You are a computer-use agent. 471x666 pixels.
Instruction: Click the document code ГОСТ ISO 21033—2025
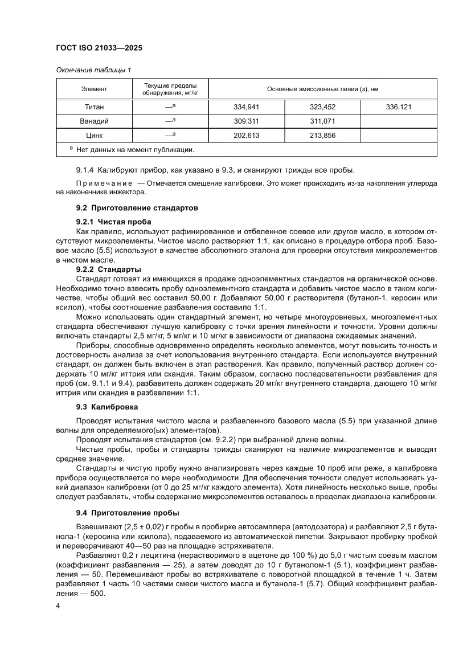pos(99,48)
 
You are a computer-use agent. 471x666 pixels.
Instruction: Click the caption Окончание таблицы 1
pos(93,70)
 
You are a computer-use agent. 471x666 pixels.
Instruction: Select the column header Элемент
pos(94,89)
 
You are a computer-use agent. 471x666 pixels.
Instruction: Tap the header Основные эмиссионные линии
pos(323,89)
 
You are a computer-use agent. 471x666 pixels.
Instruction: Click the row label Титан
pos(94,107)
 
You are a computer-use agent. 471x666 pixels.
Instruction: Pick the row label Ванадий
pos(94,121)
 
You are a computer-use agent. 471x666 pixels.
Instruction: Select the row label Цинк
pos(94,136)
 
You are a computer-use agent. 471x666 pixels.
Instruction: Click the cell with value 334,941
pos(247,107)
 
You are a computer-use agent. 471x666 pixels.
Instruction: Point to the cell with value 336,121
pos(399,107)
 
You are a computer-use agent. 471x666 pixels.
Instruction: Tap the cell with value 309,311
pos(247,121)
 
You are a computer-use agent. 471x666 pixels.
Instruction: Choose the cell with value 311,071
pos(322,121)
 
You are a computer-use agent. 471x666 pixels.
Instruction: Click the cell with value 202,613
pos(247,136)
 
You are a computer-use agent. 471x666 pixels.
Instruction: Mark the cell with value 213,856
pos(322,136)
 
